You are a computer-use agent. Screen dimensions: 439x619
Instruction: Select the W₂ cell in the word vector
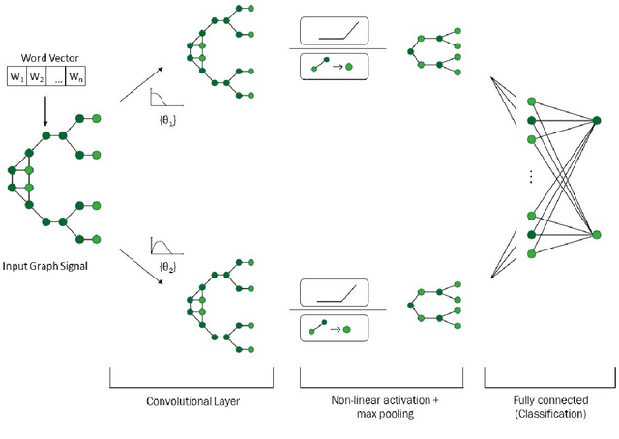(37, 76)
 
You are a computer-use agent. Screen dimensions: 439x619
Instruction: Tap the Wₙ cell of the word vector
(75, 76)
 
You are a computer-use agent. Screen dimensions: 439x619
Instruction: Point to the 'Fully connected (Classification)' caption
(547, 406)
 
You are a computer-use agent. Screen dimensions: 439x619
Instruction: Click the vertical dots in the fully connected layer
(531, 178)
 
